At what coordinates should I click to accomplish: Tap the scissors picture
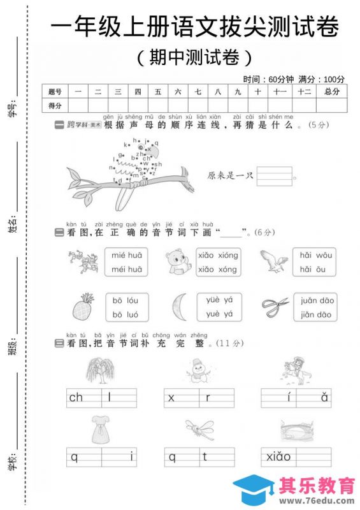tap(275, 307)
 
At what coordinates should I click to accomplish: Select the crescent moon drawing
tap(179, 307)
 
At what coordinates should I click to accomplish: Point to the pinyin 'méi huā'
tap(127, 270)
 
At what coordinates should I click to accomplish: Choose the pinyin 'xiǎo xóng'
tap(218, 270)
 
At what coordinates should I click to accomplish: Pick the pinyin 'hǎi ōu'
tap(312, 270)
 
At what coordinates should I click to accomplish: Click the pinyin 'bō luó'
tap(127, 315)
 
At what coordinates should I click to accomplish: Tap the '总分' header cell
tap(332, 92)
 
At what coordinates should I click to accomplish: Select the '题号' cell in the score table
tap(54, 92)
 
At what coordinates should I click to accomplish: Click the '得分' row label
tap(54, 105)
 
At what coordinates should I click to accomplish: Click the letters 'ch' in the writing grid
tap(76, 398)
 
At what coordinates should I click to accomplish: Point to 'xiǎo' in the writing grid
tap(278, 456)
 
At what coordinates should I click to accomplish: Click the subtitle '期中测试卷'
tap(194, 57)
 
